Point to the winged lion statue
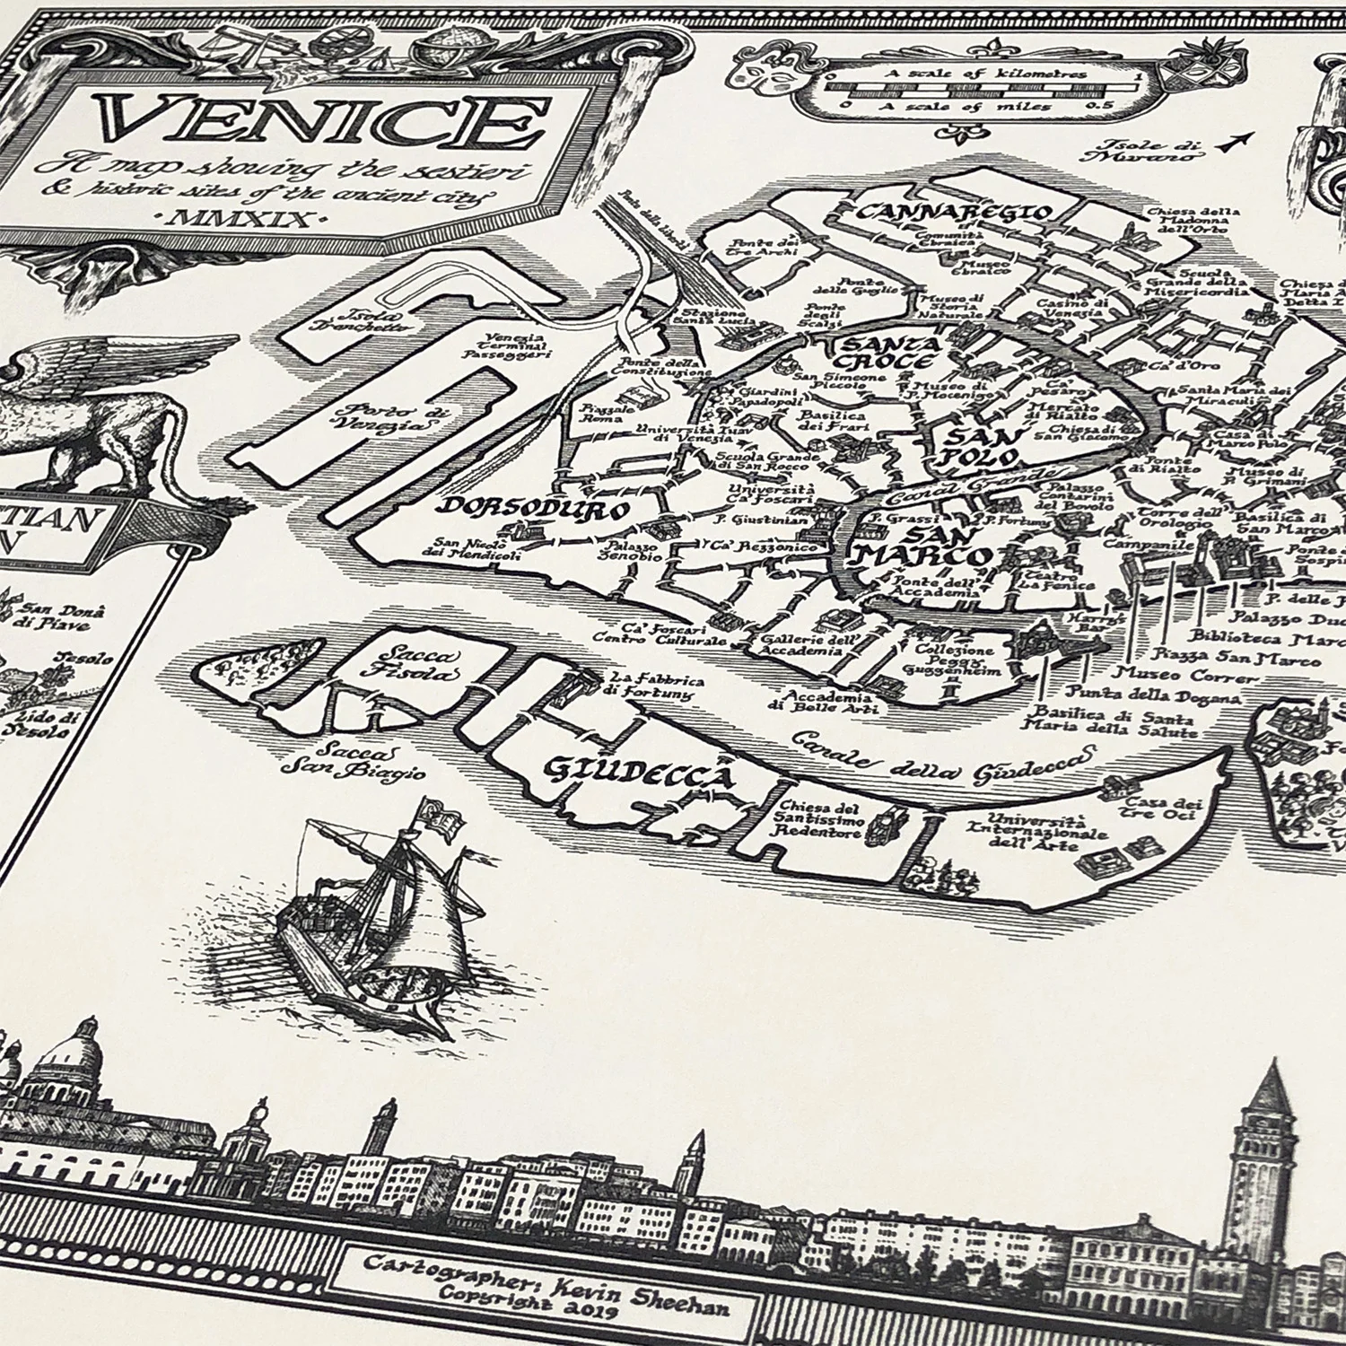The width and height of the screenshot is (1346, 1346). pyautogui.click(x=90, y=413)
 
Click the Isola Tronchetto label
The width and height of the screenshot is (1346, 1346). pyautogui.click(x=350, y=321)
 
